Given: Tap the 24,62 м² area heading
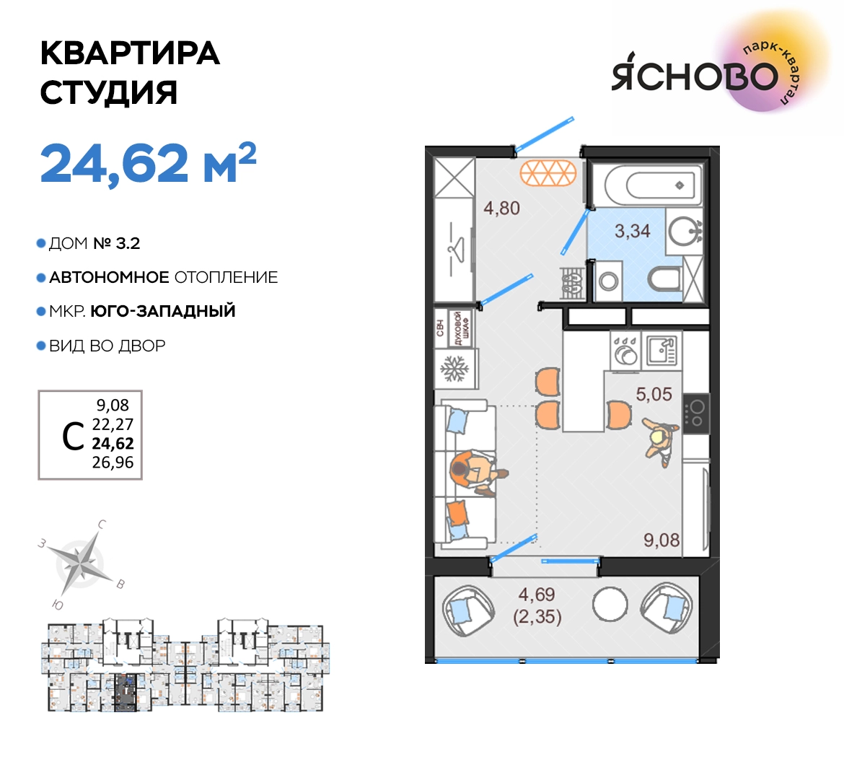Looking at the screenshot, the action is click(148, 163).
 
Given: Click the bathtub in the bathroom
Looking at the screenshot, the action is click(653, 185).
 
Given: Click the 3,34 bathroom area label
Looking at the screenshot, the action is click(633, 231).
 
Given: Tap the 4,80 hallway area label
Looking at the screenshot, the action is click(501, 208).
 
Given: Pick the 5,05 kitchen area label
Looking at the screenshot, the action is click(654, 394).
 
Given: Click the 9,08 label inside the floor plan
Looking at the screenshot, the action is click(661, 540).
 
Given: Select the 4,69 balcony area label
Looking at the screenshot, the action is click(537, 594).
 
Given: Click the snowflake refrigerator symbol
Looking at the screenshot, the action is click(455, 369).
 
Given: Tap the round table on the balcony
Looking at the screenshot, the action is click(610, 604).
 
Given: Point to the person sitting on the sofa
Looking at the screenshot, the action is click(476, 472).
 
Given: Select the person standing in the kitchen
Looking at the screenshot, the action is click(661, 442).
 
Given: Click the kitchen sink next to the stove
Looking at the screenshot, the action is click(661, 349).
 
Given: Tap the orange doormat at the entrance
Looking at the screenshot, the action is click(548, 173).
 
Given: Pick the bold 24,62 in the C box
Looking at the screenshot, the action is click(113, 443).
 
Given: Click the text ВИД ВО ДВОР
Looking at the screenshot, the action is click(107, 346).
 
